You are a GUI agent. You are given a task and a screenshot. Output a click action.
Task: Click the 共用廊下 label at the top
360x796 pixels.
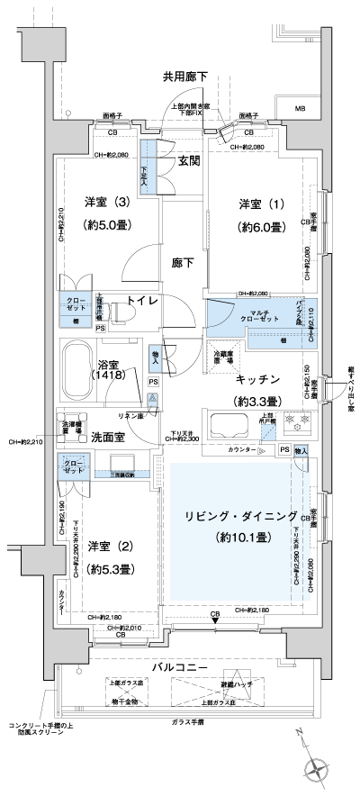(185, 77)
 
